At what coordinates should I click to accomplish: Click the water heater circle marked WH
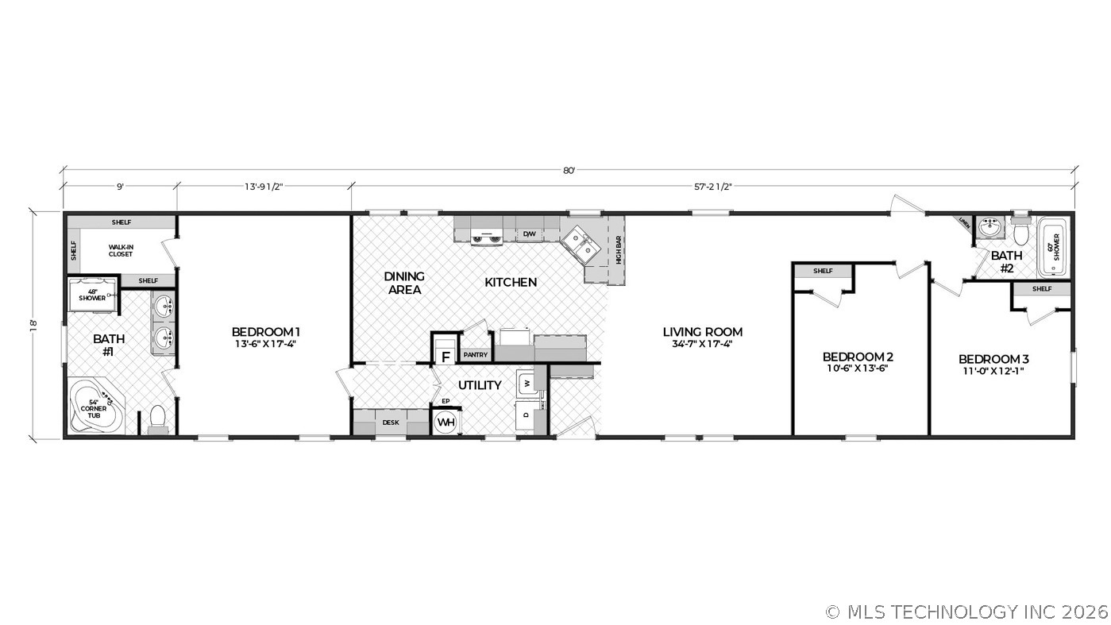tap(446, 422)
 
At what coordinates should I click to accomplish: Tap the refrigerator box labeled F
tap(446, 356)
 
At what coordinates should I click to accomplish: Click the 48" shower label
tap(92, 294)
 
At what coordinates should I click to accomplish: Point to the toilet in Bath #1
tap(157, 419)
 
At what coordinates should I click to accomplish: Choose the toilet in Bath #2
tap(1021, 231)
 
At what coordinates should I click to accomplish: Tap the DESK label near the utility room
tap(391, 422)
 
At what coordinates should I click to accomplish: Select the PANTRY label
tap(476, 355)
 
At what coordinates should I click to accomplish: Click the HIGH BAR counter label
tap(618, 250)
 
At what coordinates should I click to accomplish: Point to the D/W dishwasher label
tap(529, 234)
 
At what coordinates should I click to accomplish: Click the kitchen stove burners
tap(486, 237)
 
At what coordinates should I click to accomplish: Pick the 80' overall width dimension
tap(569, 171)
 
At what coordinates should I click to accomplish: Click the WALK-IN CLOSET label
tap(121, 250)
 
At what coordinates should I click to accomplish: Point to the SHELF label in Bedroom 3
tap(1042, 289)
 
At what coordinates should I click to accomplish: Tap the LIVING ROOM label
tap(703, 332)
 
